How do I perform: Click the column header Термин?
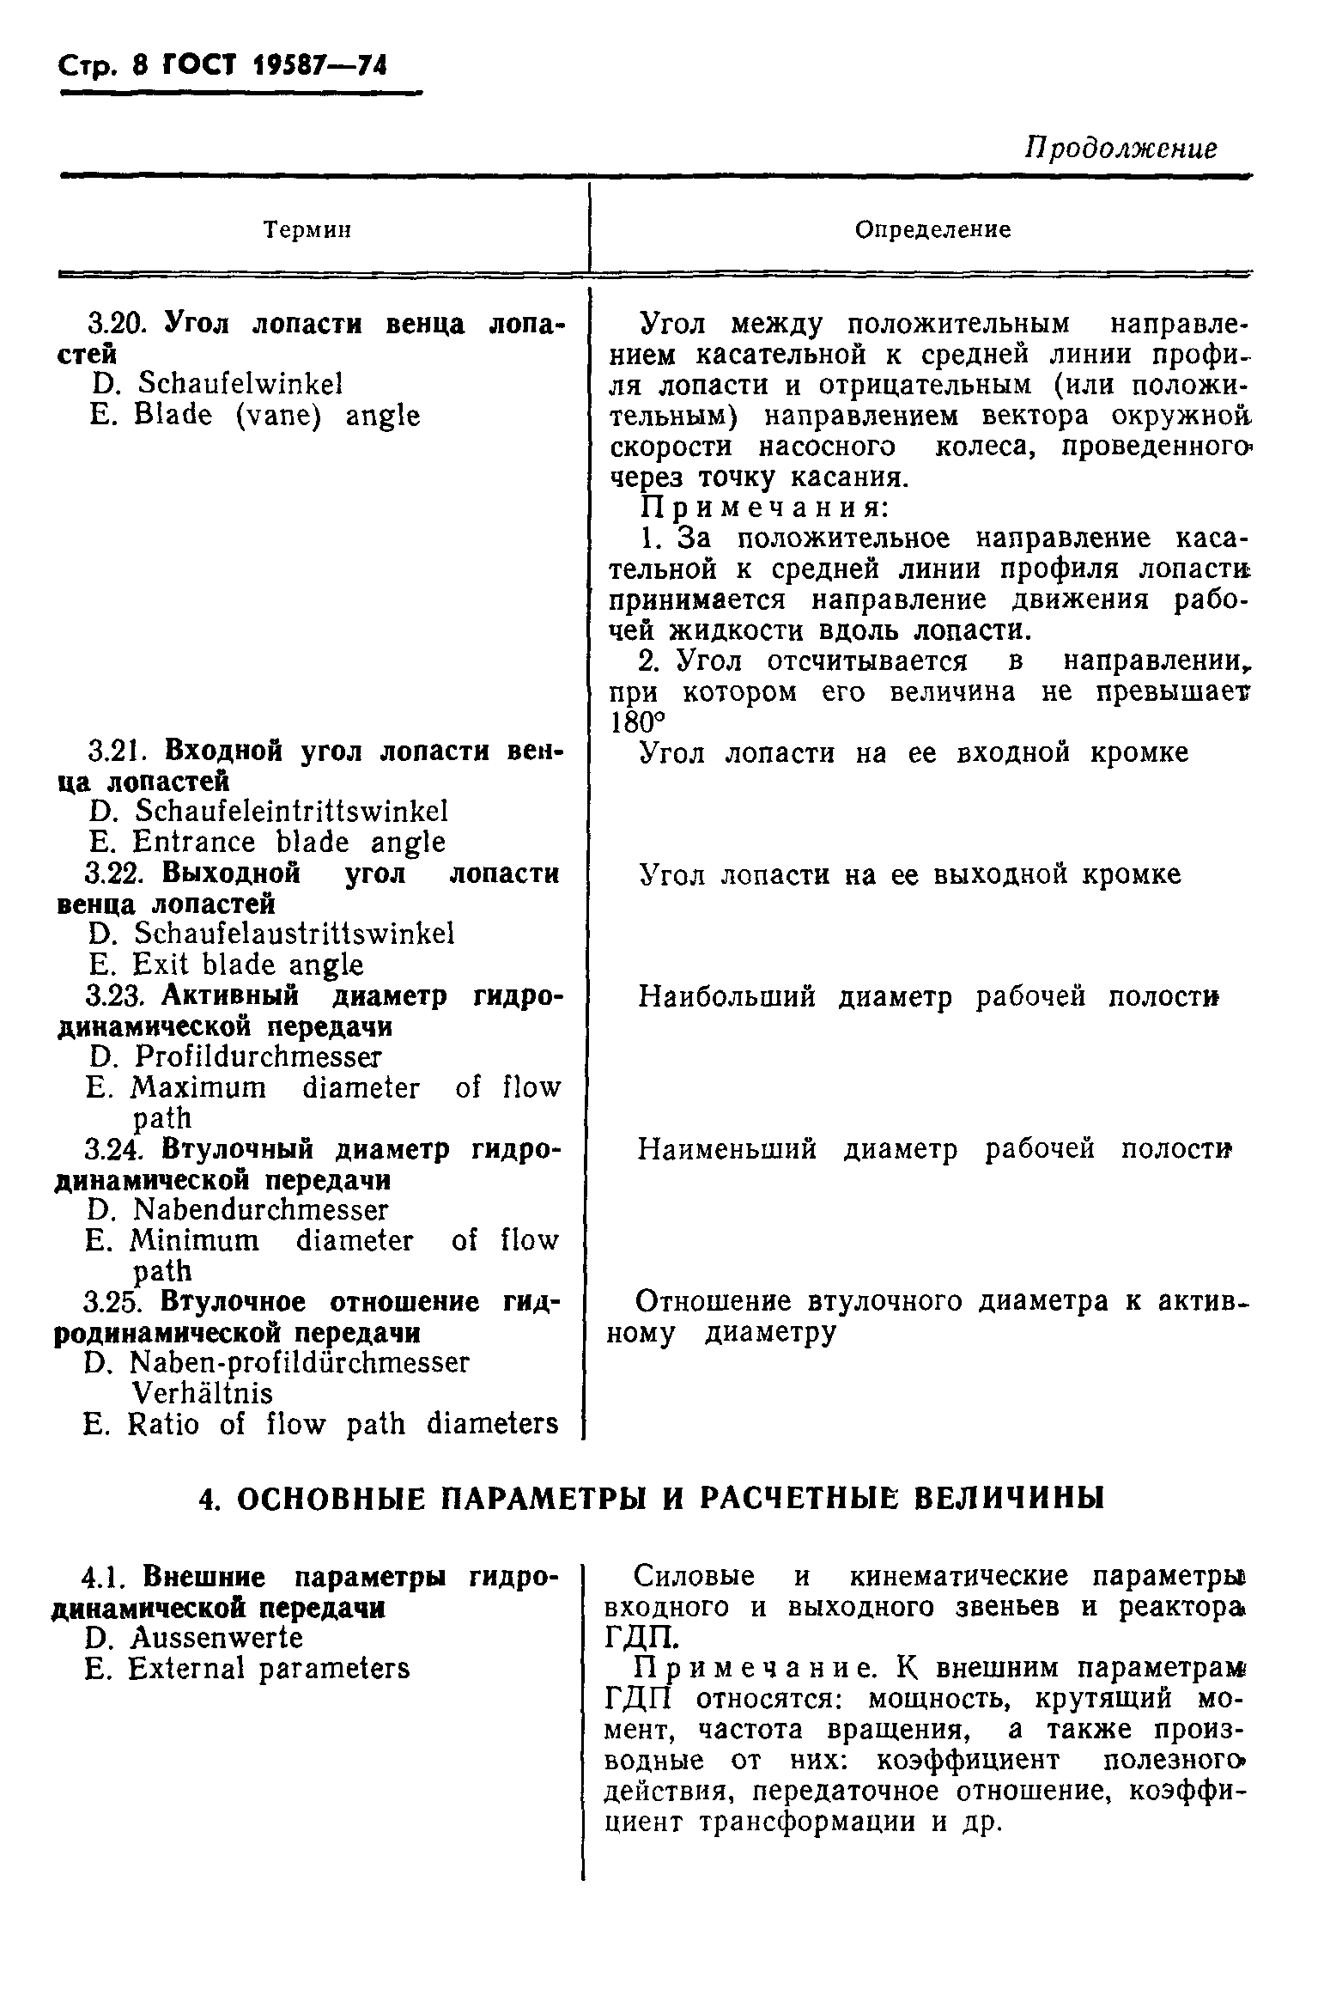[x=307, y=229]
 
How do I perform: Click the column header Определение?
[x=932, y=229]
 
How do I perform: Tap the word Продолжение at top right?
[x=1121, y=148]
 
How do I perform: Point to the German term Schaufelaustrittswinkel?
[x=295, y=934]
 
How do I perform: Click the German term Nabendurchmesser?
[x=261, y=1210]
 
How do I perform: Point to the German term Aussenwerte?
[x=216, y=1638]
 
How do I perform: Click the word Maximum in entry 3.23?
[x=198, y=1088]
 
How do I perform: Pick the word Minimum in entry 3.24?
[x=194, y=1241]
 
